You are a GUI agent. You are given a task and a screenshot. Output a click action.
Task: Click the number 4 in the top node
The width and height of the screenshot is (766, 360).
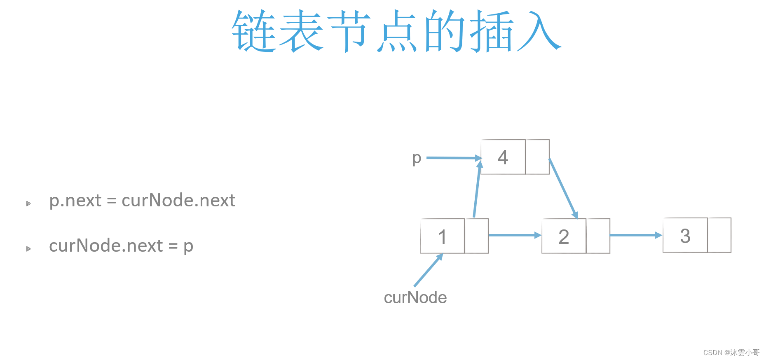tap(503, 157)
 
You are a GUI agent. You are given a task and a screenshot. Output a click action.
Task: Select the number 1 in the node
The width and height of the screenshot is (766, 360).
tap(442, 236)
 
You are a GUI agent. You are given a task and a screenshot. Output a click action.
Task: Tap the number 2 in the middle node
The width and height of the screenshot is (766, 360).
tap(564, 236)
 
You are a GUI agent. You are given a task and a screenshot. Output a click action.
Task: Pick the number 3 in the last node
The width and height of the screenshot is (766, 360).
tap(685, 236)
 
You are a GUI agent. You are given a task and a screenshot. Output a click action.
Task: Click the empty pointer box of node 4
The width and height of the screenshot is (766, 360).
tap(537, 157)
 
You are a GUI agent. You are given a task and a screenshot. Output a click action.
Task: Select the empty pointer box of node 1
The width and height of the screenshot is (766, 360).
tap(476, 236)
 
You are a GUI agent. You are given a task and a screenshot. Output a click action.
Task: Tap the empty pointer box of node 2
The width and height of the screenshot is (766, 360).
tap(598, 236)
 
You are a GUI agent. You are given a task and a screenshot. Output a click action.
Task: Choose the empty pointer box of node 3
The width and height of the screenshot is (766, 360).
tap(719, 235)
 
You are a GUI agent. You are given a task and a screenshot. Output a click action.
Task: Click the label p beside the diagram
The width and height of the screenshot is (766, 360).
tap(417, 158)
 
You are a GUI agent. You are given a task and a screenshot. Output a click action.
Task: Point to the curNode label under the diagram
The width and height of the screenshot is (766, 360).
tap(415, 297)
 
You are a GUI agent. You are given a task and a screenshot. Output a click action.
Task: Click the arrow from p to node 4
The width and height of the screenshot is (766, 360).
tap(453, 158)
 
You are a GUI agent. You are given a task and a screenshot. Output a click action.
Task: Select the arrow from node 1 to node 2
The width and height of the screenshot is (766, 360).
tap(514, 235)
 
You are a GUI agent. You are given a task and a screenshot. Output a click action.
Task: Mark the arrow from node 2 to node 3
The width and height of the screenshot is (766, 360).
tap(635, 235)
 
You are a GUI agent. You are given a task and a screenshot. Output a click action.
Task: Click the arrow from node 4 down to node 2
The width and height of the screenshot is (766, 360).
tap(563, 188)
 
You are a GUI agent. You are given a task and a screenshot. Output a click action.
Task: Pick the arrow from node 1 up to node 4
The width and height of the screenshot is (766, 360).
tap(477, 189)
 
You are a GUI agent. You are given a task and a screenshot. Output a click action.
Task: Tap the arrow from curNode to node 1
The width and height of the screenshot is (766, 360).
tap(428, 270)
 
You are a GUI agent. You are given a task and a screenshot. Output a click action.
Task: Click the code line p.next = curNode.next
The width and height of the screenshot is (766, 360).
tap(142, 201)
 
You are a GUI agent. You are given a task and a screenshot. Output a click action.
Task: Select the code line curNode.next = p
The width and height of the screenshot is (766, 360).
tap(121, 246)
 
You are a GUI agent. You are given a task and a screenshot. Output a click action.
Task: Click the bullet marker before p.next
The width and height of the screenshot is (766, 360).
tap(28, 203)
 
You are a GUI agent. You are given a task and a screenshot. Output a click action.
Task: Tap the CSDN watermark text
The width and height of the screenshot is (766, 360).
tap(731, 353)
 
